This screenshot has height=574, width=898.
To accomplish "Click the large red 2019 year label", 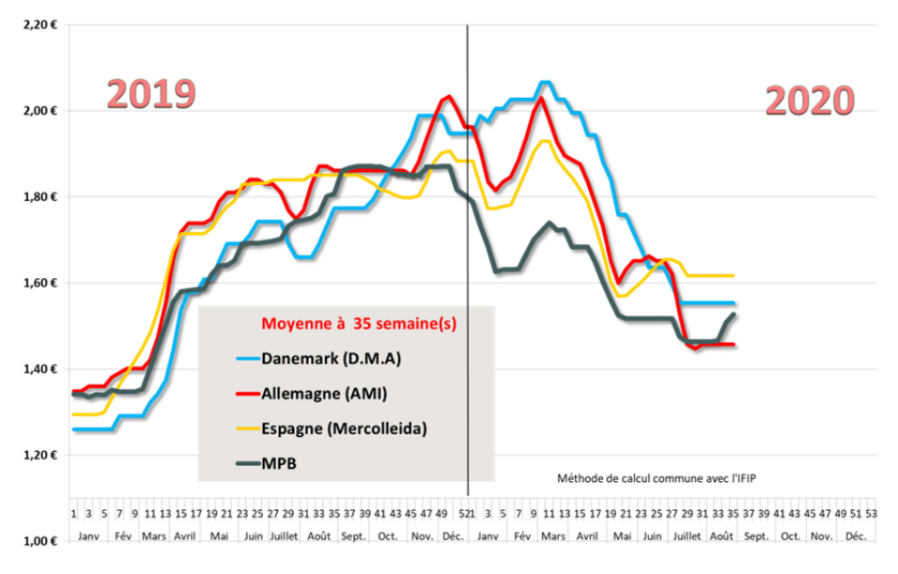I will click(x=150, y=95).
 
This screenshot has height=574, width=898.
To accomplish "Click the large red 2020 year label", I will click(x=809, y=101).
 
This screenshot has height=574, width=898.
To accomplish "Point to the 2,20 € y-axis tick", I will click(x=39, y=24).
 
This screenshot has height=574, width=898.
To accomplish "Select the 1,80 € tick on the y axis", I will click(x=39, y=197).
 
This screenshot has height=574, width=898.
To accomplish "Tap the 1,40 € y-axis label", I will click(x=39, y=369).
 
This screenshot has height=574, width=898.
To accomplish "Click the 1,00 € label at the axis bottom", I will click(x=39, y=541).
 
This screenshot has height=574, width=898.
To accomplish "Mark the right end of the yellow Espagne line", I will click(x=734, y=275).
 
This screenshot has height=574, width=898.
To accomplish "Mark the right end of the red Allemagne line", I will click(x=734, y=345).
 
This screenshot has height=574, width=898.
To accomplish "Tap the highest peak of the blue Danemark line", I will click(x=546, y=83).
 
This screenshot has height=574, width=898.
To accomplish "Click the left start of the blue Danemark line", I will click(x=74, y=429).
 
